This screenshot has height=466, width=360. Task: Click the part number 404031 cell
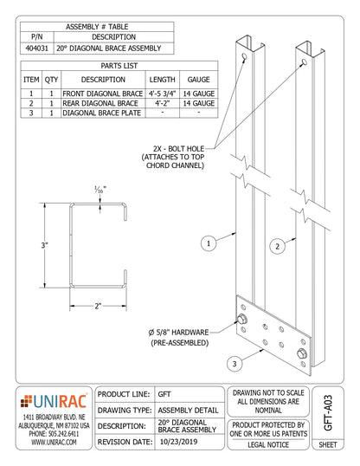pos(36,49)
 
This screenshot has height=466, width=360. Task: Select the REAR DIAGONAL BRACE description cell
pos(100,101)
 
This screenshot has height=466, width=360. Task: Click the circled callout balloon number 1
pos(208,243)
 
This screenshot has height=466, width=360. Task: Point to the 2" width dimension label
pos(98,305)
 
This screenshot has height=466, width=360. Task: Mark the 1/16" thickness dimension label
pos(100,190)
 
